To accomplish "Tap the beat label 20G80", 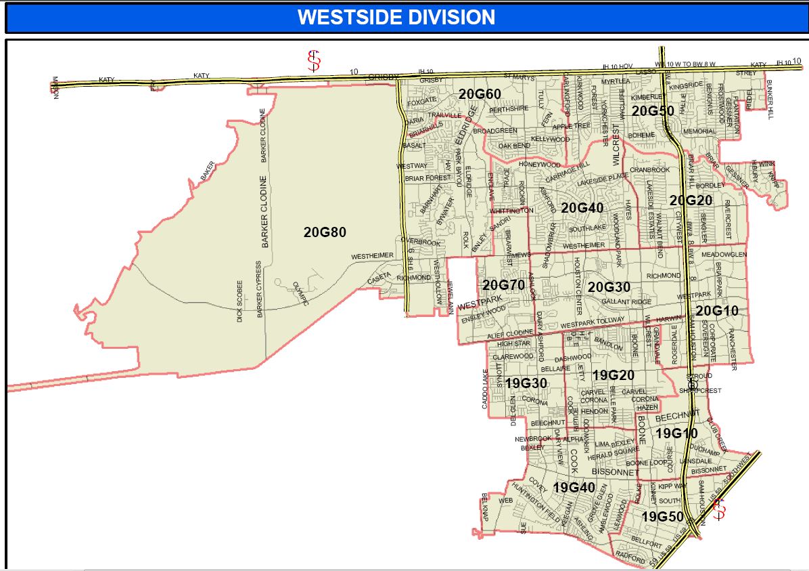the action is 325,232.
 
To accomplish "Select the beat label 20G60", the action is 480,93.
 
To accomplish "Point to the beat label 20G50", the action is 653,110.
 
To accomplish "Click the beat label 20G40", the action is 582,208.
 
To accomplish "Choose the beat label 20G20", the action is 691,200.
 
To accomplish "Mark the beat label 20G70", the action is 503,285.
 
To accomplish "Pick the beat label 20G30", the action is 609,287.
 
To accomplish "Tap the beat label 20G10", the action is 717,311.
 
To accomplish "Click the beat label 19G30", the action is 526,383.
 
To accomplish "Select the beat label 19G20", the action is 613,375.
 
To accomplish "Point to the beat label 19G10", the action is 676,433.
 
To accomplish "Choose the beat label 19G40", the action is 574,488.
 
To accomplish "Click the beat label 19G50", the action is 662,517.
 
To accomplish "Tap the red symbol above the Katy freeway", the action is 313,61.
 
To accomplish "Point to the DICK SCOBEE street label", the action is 239,301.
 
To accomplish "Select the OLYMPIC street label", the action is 299,293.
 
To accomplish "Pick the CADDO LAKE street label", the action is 484,389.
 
